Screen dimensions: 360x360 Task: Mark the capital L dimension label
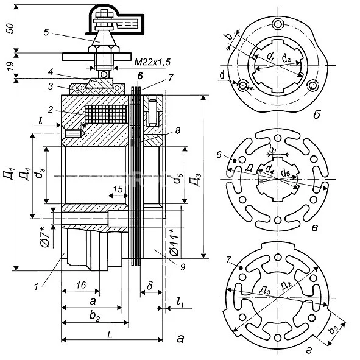pos(108,334)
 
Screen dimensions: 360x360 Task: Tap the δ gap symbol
pos(149,285)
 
